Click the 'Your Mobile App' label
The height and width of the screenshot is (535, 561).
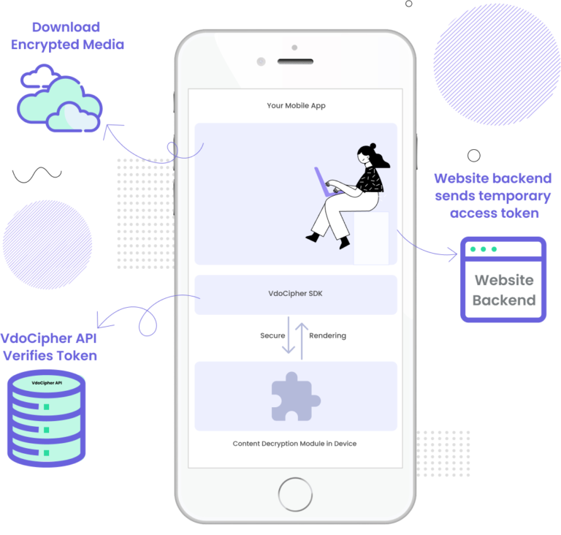(x=296, y=106)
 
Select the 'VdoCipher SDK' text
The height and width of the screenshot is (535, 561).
(x=296, y=295)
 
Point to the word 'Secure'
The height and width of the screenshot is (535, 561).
(x=272, y=336)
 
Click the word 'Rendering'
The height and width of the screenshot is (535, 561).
(x=327, y=336)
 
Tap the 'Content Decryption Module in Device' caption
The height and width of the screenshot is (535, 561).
(x=295, y=444)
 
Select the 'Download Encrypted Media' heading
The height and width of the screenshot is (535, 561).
(x=66, y=36)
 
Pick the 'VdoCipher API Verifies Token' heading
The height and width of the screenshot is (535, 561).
(x=48, y=347)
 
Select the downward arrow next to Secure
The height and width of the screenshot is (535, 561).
(x=289, y=337)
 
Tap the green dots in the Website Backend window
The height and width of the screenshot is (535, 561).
(x=483, y=249)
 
